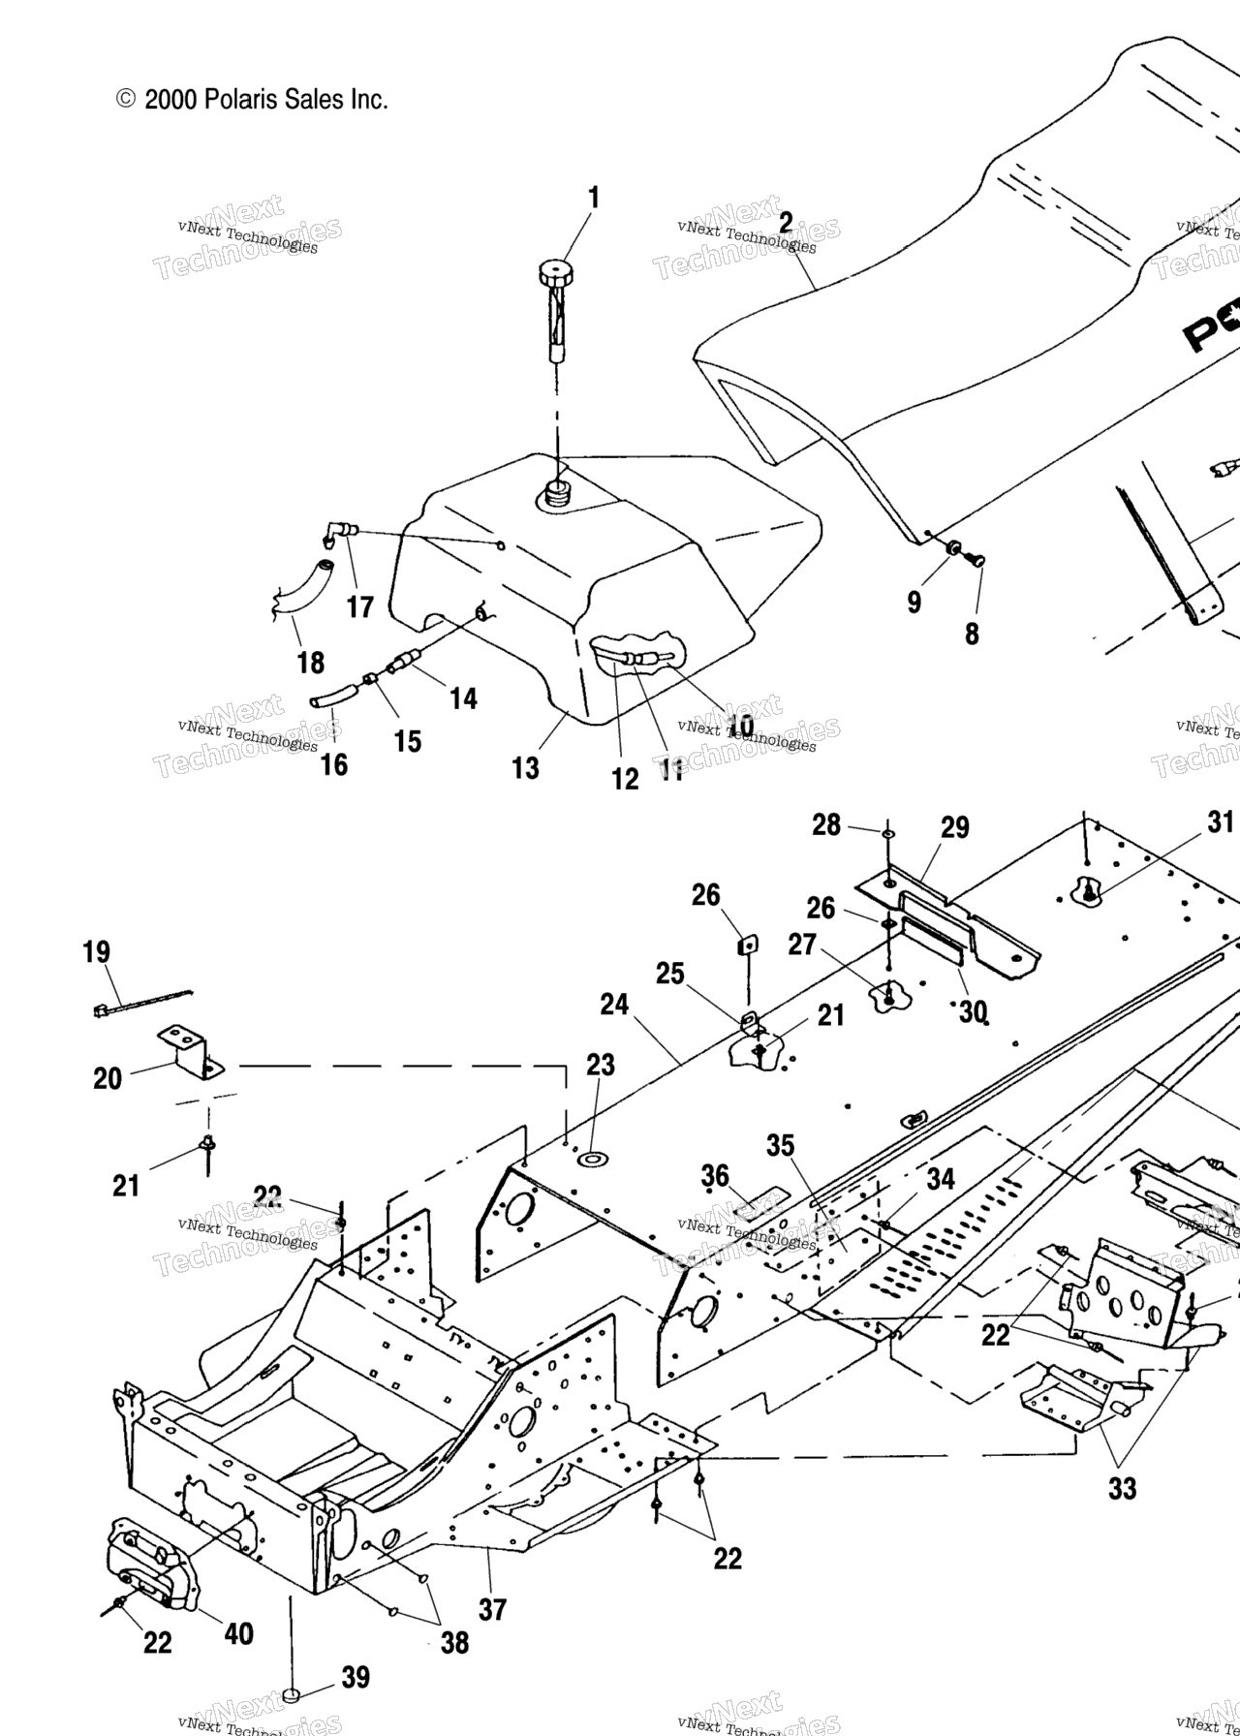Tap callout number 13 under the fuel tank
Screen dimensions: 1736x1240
coord(526,768)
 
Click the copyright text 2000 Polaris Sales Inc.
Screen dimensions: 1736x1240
coord(253,99)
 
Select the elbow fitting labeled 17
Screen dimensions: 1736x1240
coord(342,531)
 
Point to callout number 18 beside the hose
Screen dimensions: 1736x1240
coord(310,663)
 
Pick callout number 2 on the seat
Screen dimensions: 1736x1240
coord(786,223)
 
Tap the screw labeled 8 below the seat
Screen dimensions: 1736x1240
coord(976,559)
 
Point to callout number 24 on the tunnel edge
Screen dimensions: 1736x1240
coord(614,1005)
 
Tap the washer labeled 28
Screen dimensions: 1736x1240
coord(887,832)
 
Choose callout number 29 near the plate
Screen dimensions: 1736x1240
coord(954,827)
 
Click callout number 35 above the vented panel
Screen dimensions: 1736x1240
coord(780,1146)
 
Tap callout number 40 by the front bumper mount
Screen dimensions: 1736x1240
coord(238,1633)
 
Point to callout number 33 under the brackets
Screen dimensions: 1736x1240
coord(1122,1487)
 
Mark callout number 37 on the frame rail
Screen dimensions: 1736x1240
coord(492,1609)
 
